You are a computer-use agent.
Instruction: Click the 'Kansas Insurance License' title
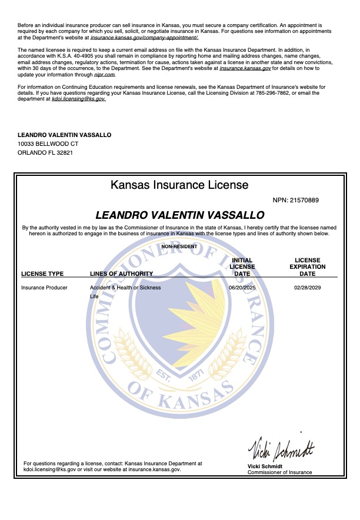pyautogui.click(x=179, y=185)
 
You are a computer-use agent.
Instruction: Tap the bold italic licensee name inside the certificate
pyautogui.click(x=179, y=215)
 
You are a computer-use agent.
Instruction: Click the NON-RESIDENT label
pyautogui.click(x=179, y=246)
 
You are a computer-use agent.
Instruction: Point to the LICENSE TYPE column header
pyautogui.click(x=42, y=274)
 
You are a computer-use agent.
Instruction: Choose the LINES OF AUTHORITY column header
pyautogui.click(x=121, y=274)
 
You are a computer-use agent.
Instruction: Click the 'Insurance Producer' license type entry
pyautogui.click(x=44, y=288)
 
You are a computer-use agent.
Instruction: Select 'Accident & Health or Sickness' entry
pyautogui.click(x=125, y=288)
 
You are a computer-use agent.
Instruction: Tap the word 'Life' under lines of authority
pyautogui.click(x=94, y=297)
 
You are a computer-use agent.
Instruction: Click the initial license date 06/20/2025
pyautogui.click(x=242, y=288)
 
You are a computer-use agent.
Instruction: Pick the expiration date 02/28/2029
pyautogui.click(x=307, y=288)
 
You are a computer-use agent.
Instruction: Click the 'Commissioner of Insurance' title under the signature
pyautogui.click(x=279, y=472)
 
